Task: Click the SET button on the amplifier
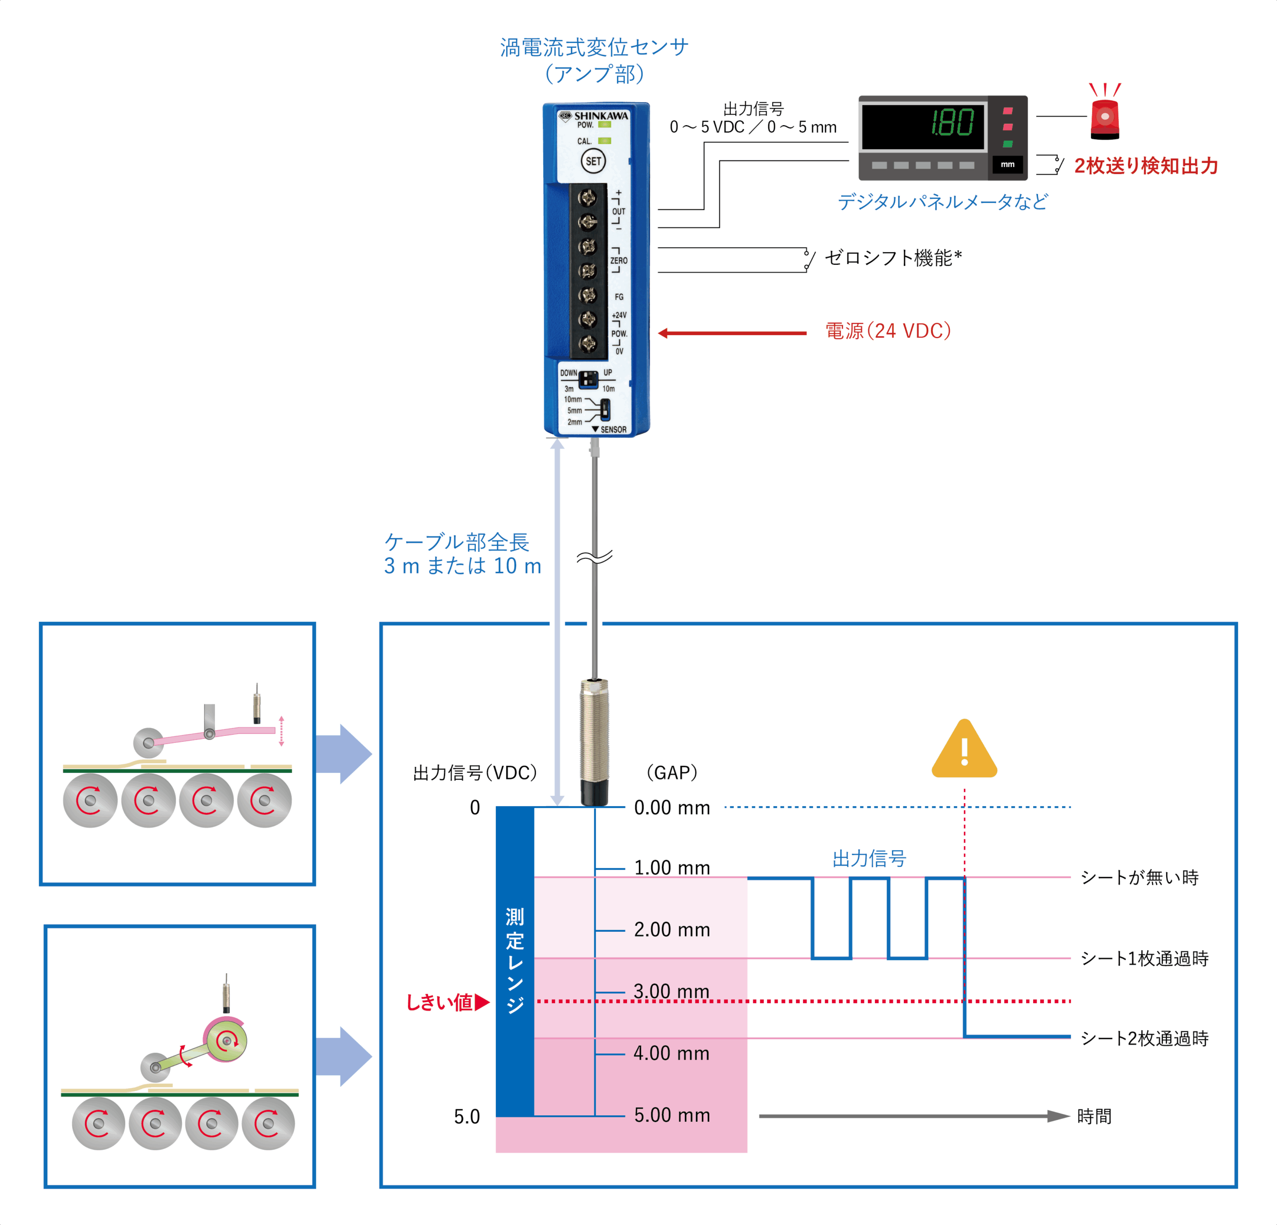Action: coord(593,161)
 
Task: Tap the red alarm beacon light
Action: coord(1104,117)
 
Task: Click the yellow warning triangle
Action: coord(964,750)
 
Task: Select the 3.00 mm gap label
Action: coord(671,991)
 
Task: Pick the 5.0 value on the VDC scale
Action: coord(466,1116)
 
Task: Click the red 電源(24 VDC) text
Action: coord(888,331)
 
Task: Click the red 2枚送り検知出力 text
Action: coord(1145,166)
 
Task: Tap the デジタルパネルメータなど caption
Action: coord(942,202)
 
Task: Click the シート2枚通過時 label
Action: coord(1144,1038)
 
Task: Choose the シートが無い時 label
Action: coord(1139,877)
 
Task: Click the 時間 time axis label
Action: coord(1094,1116)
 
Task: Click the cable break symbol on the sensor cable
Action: coord(594,557)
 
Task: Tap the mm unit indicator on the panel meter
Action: coord(1007,165)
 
